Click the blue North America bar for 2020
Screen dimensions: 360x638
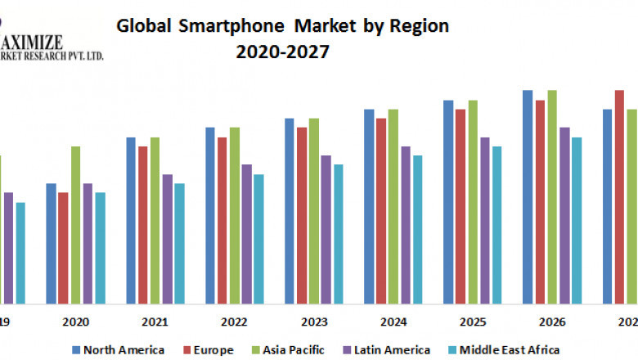(52, 243)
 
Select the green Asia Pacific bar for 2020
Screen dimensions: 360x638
(75, 224)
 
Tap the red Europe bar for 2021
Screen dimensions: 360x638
(143, 224)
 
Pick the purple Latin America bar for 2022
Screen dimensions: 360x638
(247, 233)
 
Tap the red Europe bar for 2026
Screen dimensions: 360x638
(540, 201)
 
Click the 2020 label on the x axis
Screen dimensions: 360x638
(75, 322)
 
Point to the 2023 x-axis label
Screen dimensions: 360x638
(314, 322)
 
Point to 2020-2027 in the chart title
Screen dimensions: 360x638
(283, 52)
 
